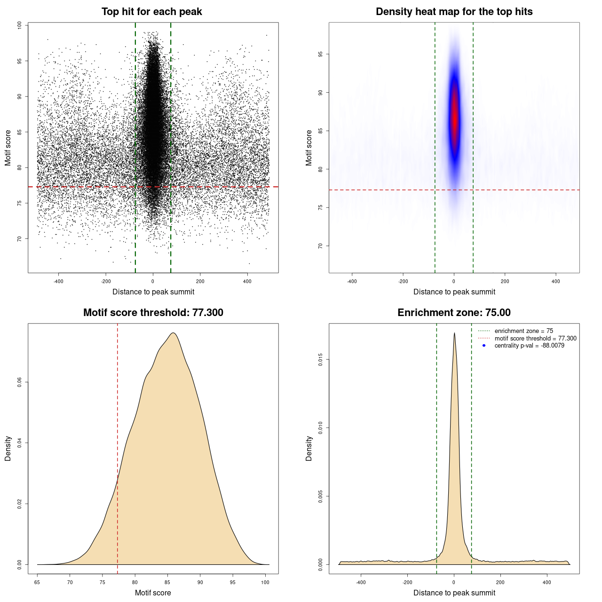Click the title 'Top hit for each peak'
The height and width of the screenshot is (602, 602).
pyautogui.click(x=151, y=12)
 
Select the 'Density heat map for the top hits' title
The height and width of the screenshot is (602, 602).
pyautogui.click(x=454, y=12)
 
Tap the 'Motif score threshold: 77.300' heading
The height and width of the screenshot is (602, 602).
pyautogui.click(x=153, y=313)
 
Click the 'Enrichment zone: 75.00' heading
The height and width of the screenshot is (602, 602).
pyautogui.click(x=454, y=313)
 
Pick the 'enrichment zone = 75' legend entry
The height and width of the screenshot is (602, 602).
pyautogui.click(x=523, y=331)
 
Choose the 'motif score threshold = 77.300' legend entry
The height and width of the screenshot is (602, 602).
pyautogui.click(x=535, y=338)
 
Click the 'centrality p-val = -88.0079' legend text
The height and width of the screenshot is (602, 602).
pyautogui.click(x=529, y=346)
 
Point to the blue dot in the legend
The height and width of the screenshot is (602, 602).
pyautogui.click(x=484, y=346)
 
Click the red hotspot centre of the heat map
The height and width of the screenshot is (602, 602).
pyautogui.click(x=454, y=120)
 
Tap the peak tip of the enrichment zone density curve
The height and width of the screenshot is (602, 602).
pyautogui.click(x=454, y=333)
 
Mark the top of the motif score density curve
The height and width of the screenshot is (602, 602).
pyautogui.click(x=173, y=333)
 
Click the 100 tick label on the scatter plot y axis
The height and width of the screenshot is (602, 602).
pyautogui.click(x=19, y=25)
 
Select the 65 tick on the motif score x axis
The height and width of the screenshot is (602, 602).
pyautogui.click(x=37, y=582)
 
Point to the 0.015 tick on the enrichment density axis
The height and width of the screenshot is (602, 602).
pyautogui.click(x=320, y=360)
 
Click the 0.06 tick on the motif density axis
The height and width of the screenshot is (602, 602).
pyautogui.click(x=19, y=382)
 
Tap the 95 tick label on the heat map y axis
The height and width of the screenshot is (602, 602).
pyautogui.click(x=320, y=55)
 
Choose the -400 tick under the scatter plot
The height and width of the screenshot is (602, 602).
pyautogui.click(x=58, y=281)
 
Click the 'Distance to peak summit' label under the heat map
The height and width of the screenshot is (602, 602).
pyautogui.click(x=454, y=292)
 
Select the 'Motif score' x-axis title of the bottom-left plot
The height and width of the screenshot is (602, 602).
pyautogui.click(x=153, y=593)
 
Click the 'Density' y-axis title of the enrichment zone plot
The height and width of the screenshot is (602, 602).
pyautogui.click(x=309, y=448)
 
